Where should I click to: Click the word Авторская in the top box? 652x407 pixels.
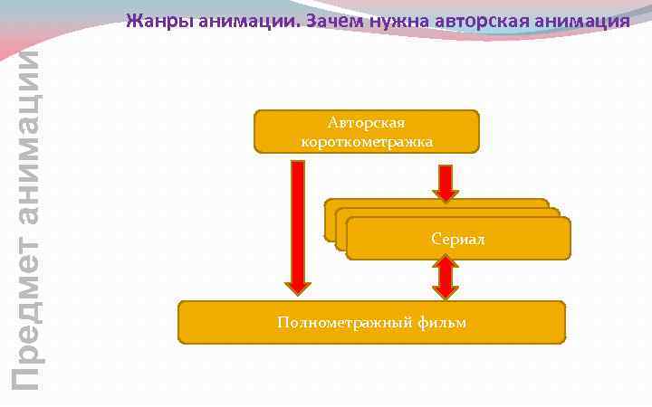click(x=367, y=123)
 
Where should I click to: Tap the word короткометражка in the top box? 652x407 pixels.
click(x=367, y=141)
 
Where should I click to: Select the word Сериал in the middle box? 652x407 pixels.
click(x=458, y=240)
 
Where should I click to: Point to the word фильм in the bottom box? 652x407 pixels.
click(x=443, y=322)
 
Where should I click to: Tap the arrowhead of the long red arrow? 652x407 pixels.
click(x=298, y=288)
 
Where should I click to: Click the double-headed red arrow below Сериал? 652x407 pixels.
click(x=446, y=278)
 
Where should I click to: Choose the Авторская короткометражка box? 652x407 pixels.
click(x=367, y=131)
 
